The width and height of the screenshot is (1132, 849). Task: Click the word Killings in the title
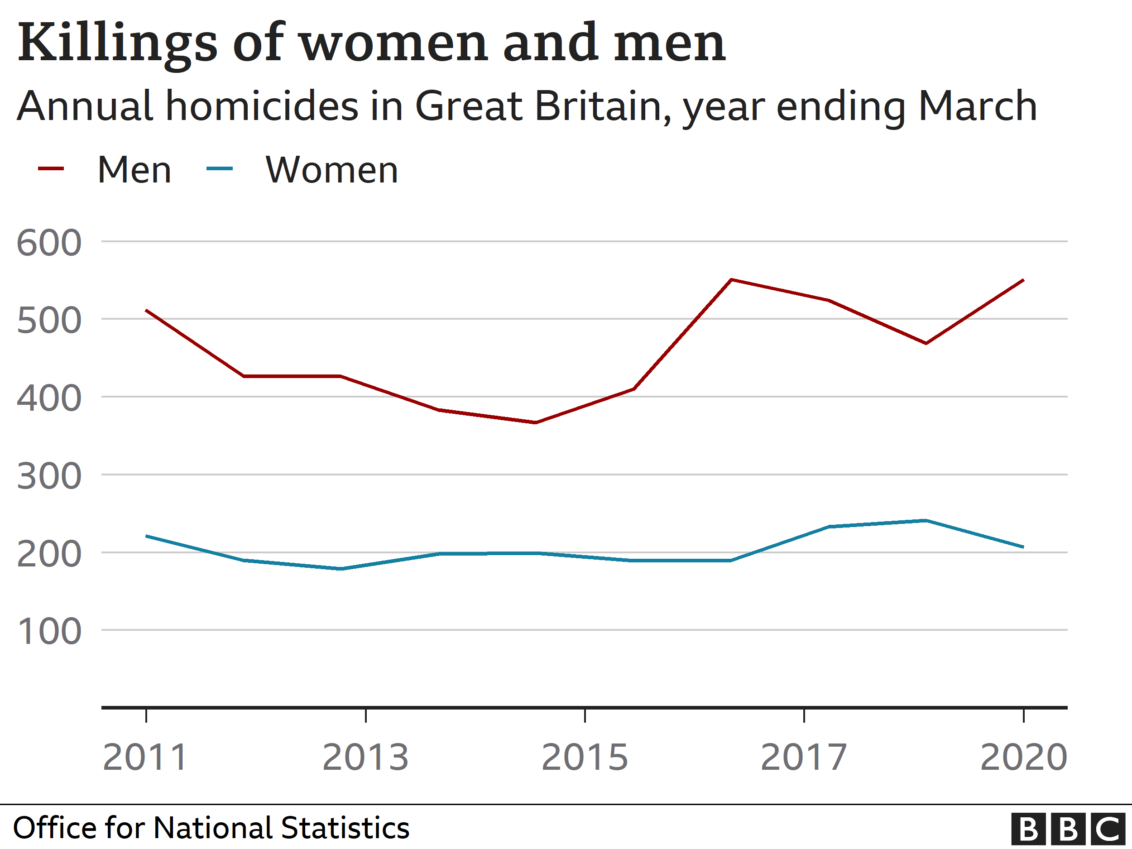click(118, 43)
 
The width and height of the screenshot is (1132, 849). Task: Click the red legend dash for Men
click(51, 168)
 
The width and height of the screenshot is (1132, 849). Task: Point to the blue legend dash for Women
click(219, 168)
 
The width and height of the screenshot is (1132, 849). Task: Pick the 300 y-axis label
click(49, 476)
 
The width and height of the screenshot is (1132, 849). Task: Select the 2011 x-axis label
click(145, 758)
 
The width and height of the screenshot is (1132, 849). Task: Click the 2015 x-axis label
click(585, 758)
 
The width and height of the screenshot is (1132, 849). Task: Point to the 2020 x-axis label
click(1023, 758)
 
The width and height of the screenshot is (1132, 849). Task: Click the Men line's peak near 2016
click(732, 279)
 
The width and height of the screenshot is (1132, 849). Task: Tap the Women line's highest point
click(925, 520)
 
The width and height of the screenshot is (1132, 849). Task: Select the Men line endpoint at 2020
click(1023, 280)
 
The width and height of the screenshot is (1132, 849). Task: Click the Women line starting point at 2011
click(146, 536)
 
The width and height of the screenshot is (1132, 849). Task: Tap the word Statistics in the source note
click(345, 828)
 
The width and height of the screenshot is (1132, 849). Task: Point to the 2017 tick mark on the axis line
click(804, 715)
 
